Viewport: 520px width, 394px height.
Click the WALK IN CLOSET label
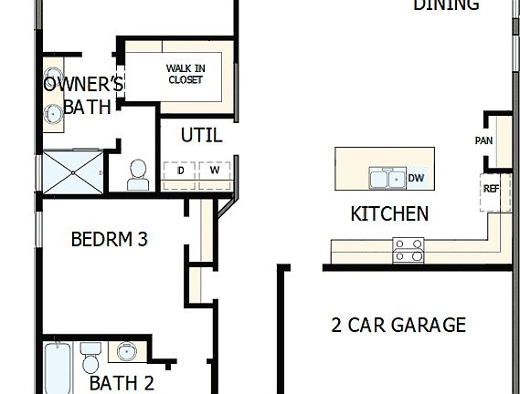click(185, 74)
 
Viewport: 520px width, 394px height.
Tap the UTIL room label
click(201, 135)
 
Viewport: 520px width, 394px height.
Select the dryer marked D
click(180, 171)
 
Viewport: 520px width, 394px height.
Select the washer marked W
click(215, 171)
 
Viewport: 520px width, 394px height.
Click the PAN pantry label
click(484, 140)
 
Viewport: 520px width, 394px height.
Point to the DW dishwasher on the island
click(416, 178)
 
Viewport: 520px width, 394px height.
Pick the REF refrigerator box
click(491, 190)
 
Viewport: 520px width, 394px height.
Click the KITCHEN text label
click(389, 214)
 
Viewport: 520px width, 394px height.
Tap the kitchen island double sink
click(387, 179)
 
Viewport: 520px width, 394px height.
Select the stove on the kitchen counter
click(408, 249)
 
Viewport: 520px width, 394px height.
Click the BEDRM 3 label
click(109, 240)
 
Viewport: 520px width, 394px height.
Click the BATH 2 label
click(121, 383)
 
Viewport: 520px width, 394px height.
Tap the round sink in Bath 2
click(126, 352)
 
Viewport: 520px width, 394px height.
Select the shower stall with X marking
click(73, 171)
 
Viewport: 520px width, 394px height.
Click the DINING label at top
click(446, 5)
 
